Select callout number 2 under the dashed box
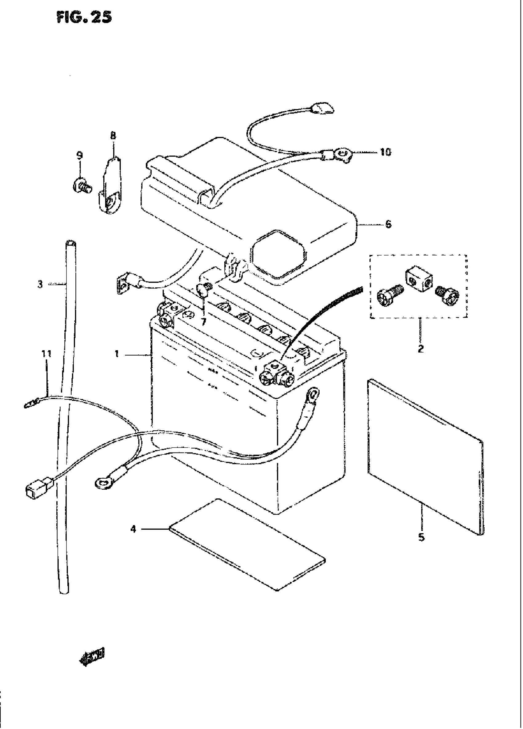(x=421, y=349)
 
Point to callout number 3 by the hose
(x=40, y=284)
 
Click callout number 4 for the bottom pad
(x=134, y=528)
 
